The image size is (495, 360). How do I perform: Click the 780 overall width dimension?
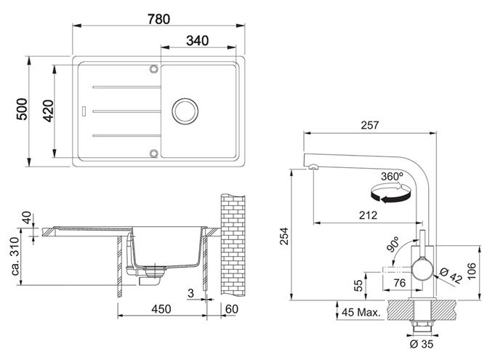click(x=158, y=19)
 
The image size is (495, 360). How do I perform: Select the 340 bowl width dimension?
click(x=197, y=41)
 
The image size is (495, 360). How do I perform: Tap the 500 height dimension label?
click(x=23, y=109)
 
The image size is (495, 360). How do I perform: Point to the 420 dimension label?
click(x=49, y=111)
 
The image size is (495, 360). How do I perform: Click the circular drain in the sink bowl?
click(x=185, y=111)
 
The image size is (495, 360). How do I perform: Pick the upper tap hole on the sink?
click(x=154, y=68)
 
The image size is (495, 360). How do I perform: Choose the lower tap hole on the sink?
click(x=154, y=153)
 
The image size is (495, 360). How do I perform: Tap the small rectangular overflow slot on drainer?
click(x=84, y=111)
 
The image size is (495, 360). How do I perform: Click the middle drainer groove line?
click(x=127, y=111)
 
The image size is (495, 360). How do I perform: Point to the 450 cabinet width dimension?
click(x=161, y=309)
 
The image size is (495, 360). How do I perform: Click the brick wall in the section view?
click(x=233, y=245)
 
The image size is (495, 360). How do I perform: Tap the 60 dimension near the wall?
click(x=231, y=309)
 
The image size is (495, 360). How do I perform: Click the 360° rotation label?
click(x=392, y=176)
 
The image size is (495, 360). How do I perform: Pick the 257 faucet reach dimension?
click(x=370, y=125)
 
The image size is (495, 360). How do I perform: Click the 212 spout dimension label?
click(x=368, y=215)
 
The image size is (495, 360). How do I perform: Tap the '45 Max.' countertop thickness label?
click(x=361, y=313)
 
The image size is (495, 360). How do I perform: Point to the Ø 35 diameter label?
click(x=422, y=344)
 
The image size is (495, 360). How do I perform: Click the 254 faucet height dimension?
click(x=284, y=236)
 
